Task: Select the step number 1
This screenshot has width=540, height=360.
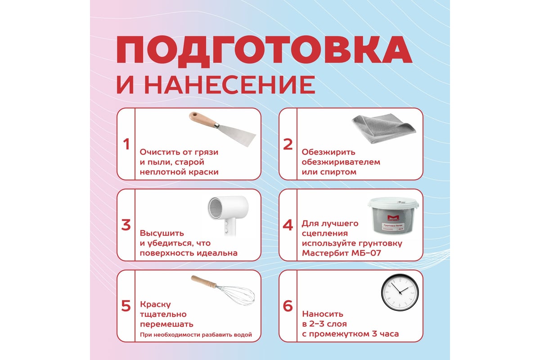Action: click(x=126, y=144)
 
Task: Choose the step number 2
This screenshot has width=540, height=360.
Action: click(x=288, y=144)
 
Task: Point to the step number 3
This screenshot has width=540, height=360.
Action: click(x=126, y=225)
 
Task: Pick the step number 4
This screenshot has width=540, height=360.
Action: click(x=288, y=225)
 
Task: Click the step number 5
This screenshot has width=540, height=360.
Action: click(x=126, y=306)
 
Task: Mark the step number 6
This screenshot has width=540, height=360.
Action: click(x=288, y=306)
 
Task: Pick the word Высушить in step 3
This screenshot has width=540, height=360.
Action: click(x=162, y=234)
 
